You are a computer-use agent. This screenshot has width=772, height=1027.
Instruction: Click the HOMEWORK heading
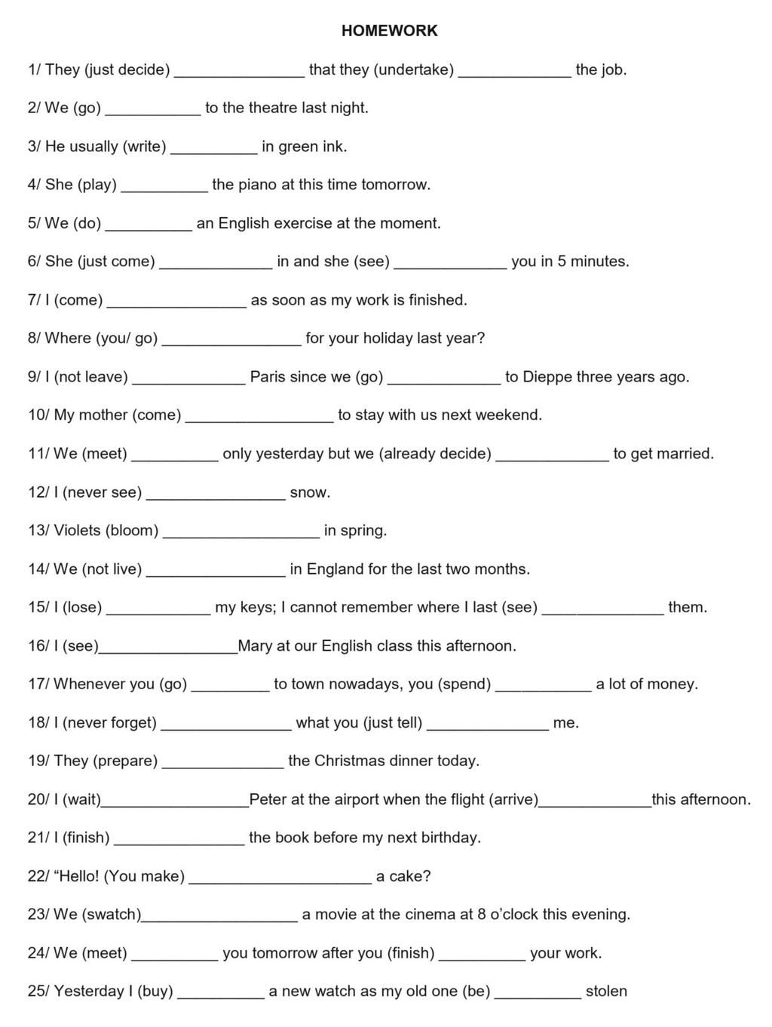click(389, 31)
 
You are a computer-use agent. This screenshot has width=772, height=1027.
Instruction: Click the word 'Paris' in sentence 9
click(268, 377)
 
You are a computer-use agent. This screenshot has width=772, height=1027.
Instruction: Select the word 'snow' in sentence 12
click(309, 493)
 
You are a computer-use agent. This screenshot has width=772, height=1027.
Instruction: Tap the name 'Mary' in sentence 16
click(255, 646)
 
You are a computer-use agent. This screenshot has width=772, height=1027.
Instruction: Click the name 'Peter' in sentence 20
click(268, 799)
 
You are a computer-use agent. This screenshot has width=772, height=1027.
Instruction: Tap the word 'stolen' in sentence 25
click(606, 992)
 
